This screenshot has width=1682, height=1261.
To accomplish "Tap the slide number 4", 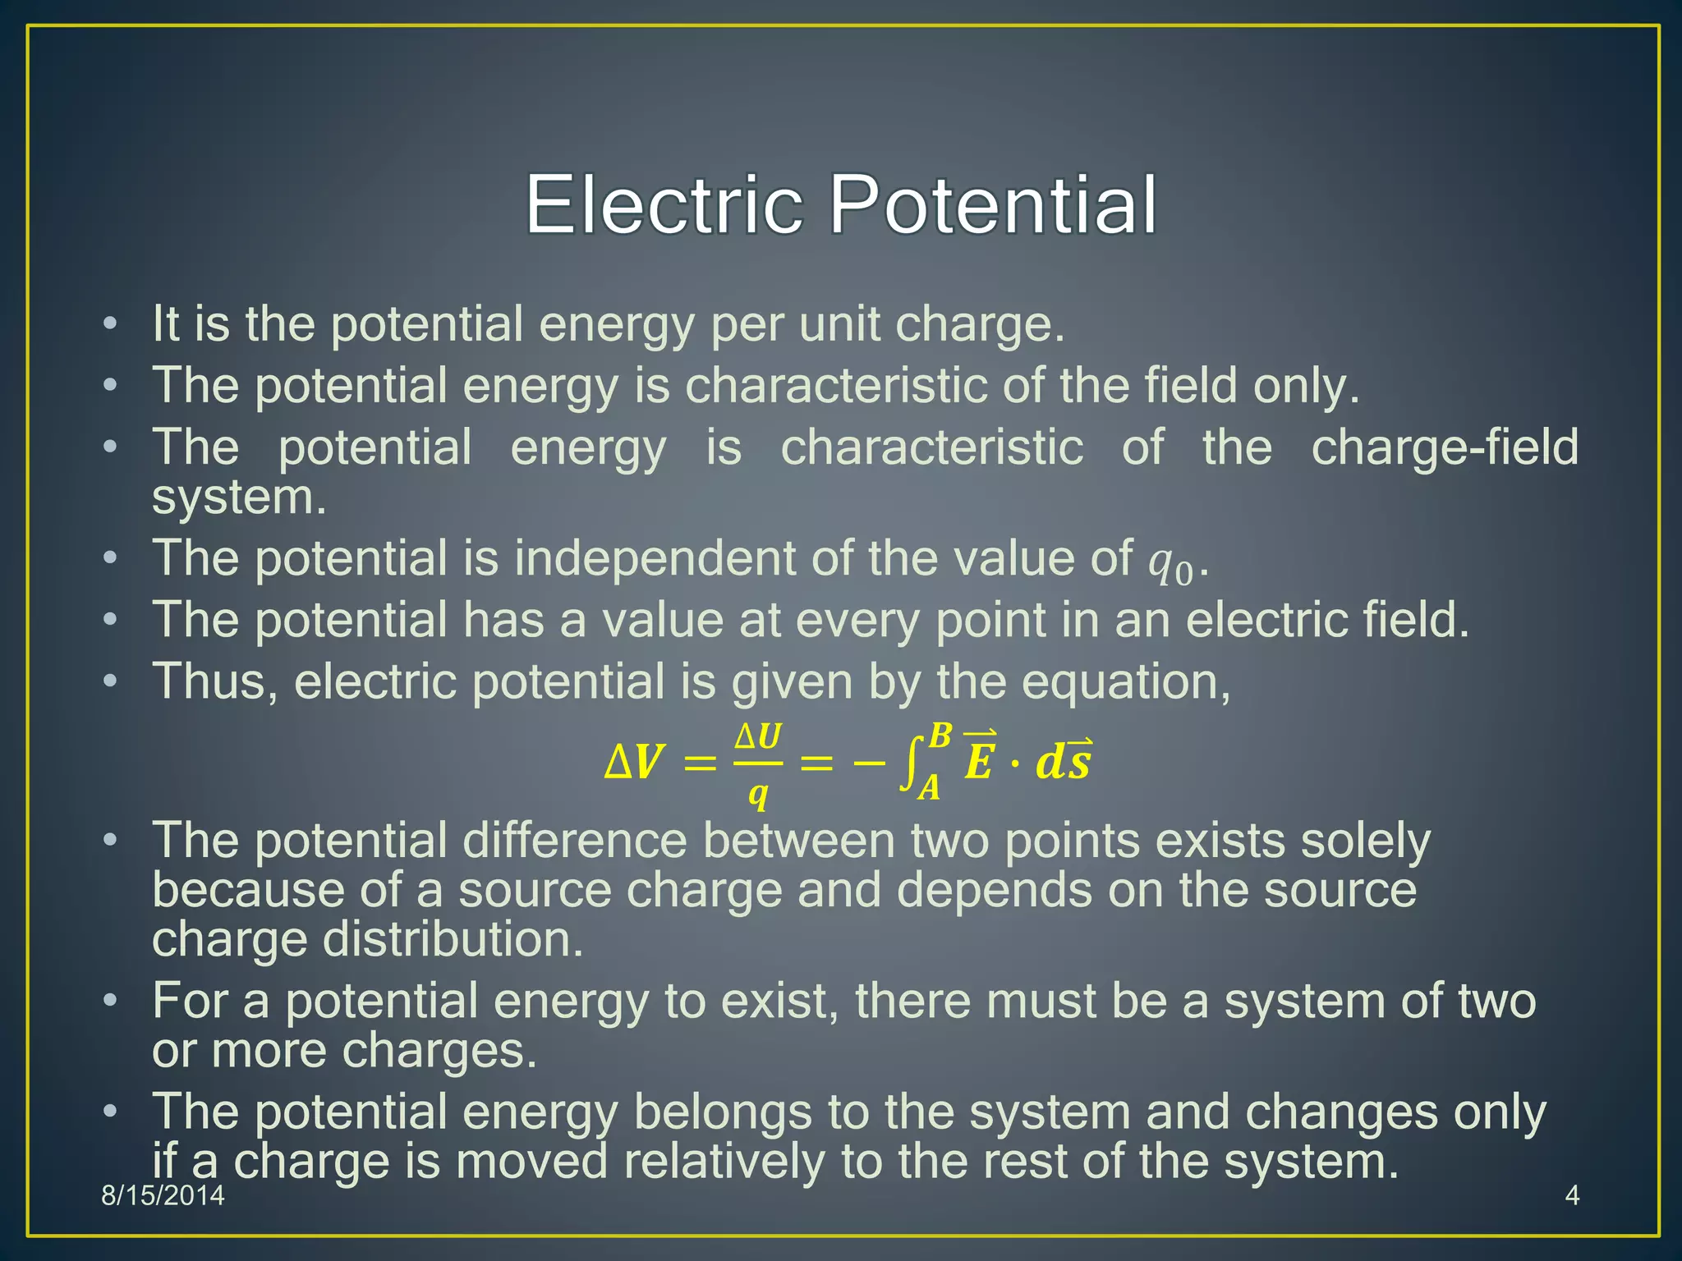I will tap(1572, 1195).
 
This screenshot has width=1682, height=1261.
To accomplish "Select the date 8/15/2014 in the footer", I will tap(163, 1195).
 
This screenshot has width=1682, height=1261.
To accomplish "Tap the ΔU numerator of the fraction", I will tap(757, 736).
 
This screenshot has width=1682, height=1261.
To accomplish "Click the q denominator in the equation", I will tap(757, 794).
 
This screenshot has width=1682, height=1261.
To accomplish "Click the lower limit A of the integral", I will tap(929, 789).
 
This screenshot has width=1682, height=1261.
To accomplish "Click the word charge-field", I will tap(1445, 447).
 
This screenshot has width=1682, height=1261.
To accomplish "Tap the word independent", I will tap(655, 559).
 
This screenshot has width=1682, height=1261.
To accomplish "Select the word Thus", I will tap(215, 682).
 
